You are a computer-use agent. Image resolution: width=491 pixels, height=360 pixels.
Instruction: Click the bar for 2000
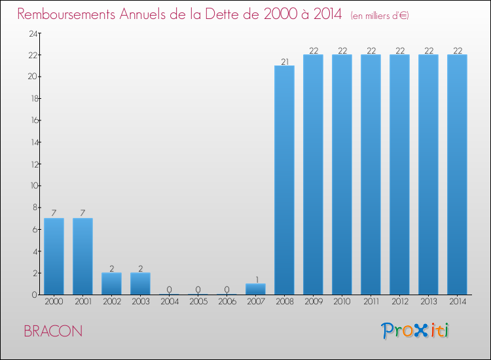click(x=54, y=257)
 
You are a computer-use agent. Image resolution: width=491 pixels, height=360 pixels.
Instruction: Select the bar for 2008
click(x=284, y=180)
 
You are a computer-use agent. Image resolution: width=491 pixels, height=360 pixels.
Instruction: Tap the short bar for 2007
click(x=255, y=289)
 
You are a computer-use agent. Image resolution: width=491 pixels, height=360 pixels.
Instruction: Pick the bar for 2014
click(x=457, y=175)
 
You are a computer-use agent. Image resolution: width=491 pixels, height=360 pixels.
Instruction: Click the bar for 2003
click(x=140, y=283)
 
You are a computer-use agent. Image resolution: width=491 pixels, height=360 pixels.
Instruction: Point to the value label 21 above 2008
click(x=285, y=62)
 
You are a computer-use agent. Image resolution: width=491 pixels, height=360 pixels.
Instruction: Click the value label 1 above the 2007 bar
click(x=257, y=279)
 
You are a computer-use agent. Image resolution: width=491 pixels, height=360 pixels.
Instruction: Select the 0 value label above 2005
click(x=198, y=289)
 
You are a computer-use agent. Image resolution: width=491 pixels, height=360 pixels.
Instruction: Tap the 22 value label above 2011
click(x=371, y=50)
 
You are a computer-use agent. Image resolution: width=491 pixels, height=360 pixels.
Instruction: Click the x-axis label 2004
click(x=170, y=302)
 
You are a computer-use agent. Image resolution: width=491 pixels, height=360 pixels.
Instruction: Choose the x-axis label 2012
click(x=400, y=302)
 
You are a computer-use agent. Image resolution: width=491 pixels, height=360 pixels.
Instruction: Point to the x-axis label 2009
click(x=314, y=302)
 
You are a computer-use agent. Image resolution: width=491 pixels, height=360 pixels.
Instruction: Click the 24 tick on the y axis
click(x=33, y=33)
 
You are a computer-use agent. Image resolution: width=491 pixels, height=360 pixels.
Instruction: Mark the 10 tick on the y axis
click(x=34, y=186)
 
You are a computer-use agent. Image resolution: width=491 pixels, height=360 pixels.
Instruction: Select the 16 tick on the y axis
click(x=35, y=120)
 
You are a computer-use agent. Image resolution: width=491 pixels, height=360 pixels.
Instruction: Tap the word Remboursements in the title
click(x=66, y=14)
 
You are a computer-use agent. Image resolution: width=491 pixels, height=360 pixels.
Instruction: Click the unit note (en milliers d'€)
click(x=380, y=16)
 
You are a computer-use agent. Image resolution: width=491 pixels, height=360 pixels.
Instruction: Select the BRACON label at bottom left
click(x=53, y=331)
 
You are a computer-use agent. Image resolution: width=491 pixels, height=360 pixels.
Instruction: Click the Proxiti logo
click(x=415, y=331)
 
